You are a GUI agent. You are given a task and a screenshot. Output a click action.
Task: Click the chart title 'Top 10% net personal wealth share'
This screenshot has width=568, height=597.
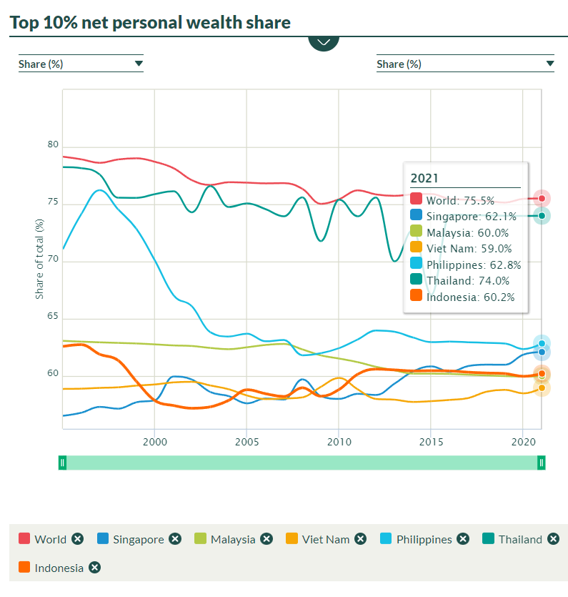pos(150,22)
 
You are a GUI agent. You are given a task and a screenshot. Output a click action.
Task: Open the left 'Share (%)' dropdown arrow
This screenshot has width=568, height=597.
pos(139,64)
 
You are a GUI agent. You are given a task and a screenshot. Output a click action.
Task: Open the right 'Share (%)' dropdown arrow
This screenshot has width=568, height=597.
pos(549,64)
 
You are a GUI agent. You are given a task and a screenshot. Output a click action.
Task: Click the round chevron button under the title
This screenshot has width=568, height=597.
pos(324,41)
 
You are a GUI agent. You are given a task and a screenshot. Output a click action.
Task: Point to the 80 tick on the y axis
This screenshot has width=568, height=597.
pos(52,144)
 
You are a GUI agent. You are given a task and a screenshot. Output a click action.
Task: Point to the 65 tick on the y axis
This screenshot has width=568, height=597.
pos(52,318)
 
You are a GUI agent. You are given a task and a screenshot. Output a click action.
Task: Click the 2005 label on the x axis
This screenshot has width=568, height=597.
pos(246,441)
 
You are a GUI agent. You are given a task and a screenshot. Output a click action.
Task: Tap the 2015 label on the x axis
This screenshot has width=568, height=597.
pos(430,441)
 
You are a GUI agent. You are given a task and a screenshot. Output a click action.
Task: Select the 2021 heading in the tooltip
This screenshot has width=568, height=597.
pos(424,178)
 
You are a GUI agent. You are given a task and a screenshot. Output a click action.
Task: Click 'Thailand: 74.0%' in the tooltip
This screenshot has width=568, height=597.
pos(469,281)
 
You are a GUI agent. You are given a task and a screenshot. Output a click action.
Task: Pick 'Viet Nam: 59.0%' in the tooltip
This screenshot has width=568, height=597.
pos(469,248)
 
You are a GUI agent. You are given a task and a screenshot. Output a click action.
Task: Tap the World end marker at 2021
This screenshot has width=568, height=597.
pos(542,198)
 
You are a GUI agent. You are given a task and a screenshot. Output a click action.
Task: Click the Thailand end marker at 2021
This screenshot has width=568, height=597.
pos(542,215)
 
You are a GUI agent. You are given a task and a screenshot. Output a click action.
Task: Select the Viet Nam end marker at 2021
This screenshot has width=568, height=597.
pos(542,388)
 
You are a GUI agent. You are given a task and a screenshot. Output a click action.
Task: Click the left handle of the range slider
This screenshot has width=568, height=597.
pos(63,463)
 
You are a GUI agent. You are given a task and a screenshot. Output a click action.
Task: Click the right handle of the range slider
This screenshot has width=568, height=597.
pos(542,463)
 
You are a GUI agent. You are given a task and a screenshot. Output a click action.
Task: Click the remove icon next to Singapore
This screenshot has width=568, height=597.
pos(175,539)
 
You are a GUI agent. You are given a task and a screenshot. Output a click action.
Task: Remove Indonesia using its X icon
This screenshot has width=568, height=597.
pos(94,568)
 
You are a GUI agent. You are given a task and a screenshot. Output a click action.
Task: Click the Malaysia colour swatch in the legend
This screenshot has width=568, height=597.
pos(200,539)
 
